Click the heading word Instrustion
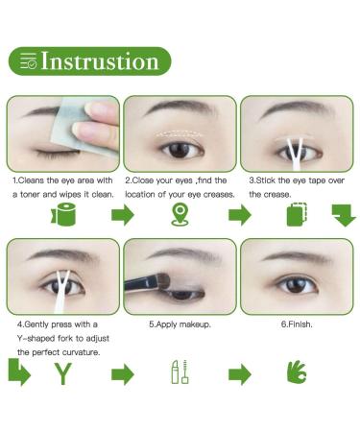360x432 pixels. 100,60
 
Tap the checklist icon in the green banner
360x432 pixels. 28,60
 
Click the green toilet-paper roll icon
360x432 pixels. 63,214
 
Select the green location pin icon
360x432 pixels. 180,214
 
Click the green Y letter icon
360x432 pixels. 63,373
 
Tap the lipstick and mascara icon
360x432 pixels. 180,372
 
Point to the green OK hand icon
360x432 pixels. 297,372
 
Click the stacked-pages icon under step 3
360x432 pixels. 297,214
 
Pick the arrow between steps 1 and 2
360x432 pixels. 123,215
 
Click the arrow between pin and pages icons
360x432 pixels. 240,215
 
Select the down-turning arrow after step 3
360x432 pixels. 344,215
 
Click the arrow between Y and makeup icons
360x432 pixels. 123,374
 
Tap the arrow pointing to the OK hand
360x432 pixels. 240,374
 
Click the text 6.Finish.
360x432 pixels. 297,324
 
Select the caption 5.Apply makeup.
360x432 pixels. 180,324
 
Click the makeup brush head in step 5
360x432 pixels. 163,281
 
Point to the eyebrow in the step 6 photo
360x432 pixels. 297,256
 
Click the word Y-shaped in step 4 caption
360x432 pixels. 36,339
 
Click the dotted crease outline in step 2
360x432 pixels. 180,134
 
